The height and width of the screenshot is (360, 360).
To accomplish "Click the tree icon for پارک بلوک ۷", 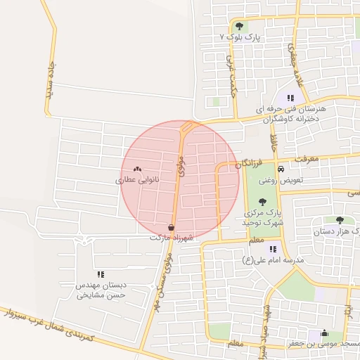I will (240, 26).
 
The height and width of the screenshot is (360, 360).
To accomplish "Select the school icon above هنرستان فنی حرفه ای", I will (290, 98).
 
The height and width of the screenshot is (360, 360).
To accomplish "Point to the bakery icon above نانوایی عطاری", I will (137, 169).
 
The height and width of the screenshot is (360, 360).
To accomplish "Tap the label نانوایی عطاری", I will (138, 180).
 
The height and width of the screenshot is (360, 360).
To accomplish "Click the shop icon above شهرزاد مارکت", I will (172, 227).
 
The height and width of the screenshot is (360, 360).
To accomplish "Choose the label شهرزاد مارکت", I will (172, 238).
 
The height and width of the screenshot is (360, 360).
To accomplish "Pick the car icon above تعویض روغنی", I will (281, 169).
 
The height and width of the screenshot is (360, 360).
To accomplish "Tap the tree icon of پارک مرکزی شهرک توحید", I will (262, 202).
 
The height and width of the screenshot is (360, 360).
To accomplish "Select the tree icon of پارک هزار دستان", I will (340, 220).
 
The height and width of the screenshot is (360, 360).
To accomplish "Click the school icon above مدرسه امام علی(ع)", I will (273, 249).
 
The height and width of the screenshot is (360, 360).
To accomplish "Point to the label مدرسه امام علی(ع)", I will (273, 260).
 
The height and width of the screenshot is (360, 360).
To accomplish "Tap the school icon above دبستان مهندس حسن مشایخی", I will (101, 274).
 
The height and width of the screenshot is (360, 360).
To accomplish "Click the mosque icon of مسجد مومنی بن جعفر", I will (323, 333).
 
